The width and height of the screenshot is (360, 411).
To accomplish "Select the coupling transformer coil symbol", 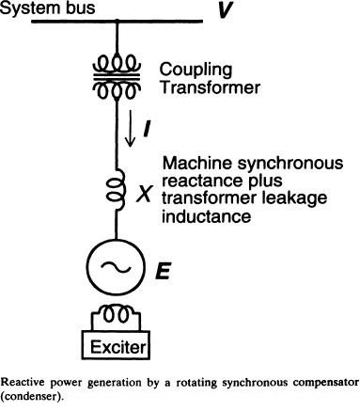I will click(117, 71).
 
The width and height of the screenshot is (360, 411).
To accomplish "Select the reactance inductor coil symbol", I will click(117, 192).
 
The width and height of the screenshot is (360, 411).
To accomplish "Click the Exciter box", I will click(117, 349).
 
